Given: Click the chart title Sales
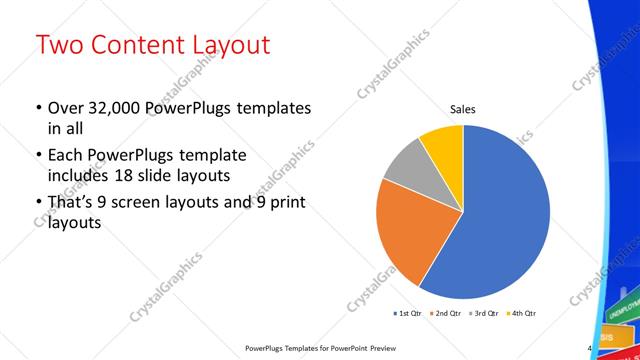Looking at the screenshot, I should coord(462,109).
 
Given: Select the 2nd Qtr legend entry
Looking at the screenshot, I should coord(447,314).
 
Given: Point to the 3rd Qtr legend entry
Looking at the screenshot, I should coord(484,314).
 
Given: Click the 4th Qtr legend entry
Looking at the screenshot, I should coord(521,314).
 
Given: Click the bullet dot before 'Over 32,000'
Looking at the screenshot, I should coord(38,108).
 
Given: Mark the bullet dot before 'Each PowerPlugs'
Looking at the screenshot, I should coord(38,156).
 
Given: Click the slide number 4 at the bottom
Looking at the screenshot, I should coord(590,348).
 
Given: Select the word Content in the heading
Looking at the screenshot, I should coord(138,45).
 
